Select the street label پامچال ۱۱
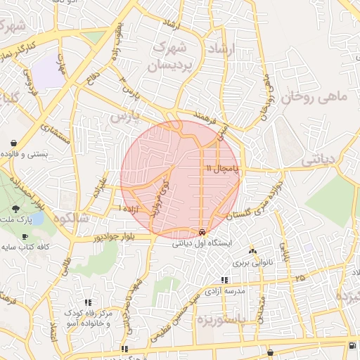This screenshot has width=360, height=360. coord(224,169)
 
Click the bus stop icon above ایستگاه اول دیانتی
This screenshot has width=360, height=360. coord(202,232)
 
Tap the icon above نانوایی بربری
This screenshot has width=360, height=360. coord(254,252)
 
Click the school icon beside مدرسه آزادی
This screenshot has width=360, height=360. coord(224,281)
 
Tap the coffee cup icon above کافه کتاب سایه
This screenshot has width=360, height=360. coord(25,236)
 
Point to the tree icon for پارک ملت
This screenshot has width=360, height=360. coord(15,209)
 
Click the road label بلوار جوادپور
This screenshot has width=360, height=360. coord(117,238)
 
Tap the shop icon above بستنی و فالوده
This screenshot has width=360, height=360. coord(13,141)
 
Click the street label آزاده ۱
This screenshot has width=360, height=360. coord(131,210)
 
